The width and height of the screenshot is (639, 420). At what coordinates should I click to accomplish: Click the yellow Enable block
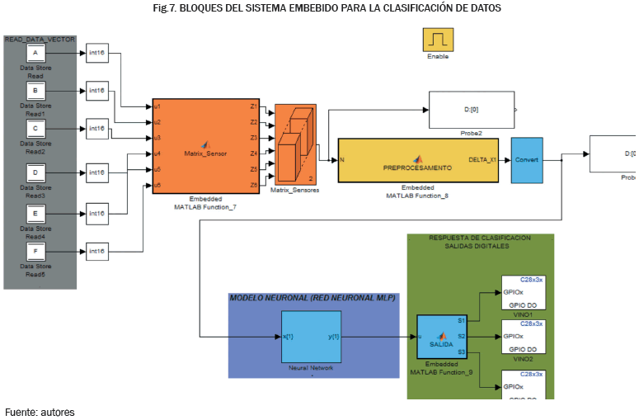click(438, 39)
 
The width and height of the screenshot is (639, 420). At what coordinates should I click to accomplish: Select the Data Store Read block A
click(35, 54)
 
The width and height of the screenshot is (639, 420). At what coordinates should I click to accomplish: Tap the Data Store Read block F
click(35, 250)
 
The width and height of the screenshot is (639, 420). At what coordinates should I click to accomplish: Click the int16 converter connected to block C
click(97, 128)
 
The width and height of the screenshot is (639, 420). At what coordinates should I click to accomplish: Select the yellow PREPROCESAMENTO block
click(418, 160)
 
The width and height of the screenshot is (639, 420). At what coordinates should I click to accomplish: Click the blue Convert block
click(526, 159)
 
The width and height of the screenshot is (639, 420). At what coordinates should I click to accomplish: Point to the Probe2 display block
click(471, 110)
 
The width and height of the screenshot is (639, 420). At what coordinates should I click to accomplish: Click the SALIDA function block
click(442, 337)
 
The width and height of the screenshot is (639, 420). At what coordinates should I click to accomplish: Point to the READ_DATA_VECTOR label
click(40, 39)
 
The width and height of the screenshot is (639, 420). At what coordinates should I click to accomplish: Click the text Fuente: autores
click(40, 412)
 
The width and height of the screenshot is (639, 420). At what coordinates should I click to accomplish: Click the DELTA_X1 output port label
click(482, 159)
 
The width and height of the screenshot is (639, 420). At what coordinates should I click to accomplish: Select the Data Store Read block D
click(35, 172)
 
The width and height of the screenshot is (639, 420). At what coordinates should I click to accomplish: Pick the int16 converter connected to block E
click(97, 214)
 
